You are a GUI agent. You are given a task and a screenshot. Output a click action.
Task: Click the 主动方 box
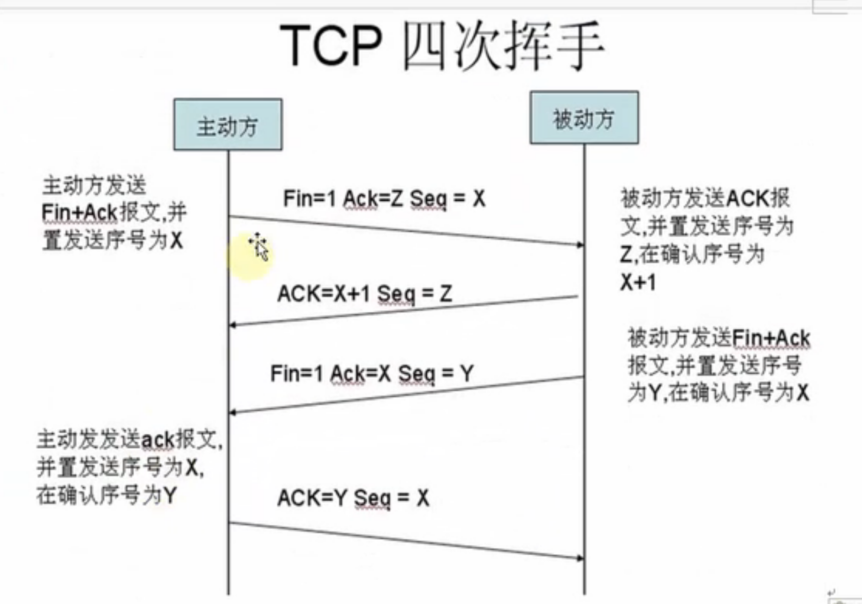[227, 125]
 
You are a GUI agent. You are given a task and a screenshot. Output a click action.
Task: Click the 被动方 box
[584, 118]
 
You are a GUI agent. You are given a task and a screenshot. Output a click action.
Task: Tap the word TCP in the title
[331, 45]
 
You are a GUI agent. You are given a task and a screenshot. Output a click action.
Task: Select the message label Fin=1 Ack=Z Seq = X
[384, 199]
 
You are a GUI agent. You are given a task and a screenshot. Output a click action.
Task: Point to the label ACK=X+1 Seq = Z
[364, 294]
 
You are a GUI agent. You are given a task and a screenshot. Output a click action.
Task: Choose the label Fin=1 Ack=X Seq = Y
[372, 374]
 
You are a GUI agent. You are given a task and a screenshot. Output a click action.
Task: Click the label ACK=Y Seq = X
[353, 498]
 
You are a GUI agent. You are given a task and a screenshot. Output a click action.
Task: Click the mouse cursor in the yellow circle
[259, 246]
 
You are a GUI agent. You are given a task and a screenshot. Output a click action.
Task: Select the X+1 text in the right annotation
[638, 283]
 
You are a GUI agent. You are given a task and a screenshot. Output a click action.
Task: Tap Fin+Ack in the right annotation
[771, 338]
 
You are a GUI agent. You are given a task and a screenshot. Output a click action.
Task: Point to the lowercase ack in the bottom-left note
[157, 440]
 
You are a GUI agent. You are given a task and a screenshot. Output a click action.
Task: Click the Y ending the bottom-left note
[170, 495]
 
